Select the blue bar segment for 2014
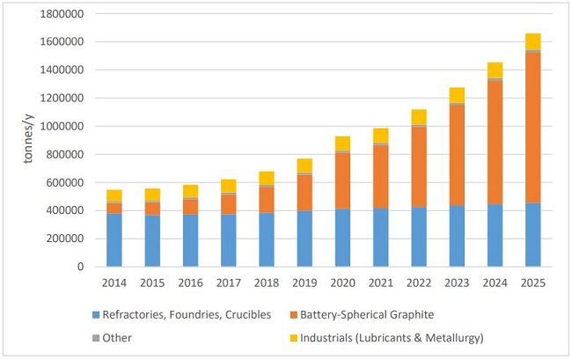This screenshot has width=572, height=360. click(114, 239)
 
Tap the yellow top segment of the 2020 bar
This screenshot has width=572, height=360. click(341, 143)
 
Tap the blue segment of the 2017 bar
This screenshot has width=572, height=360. click(228, 239)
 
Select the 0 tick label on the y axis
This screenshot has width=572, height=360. click(80, 267)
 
